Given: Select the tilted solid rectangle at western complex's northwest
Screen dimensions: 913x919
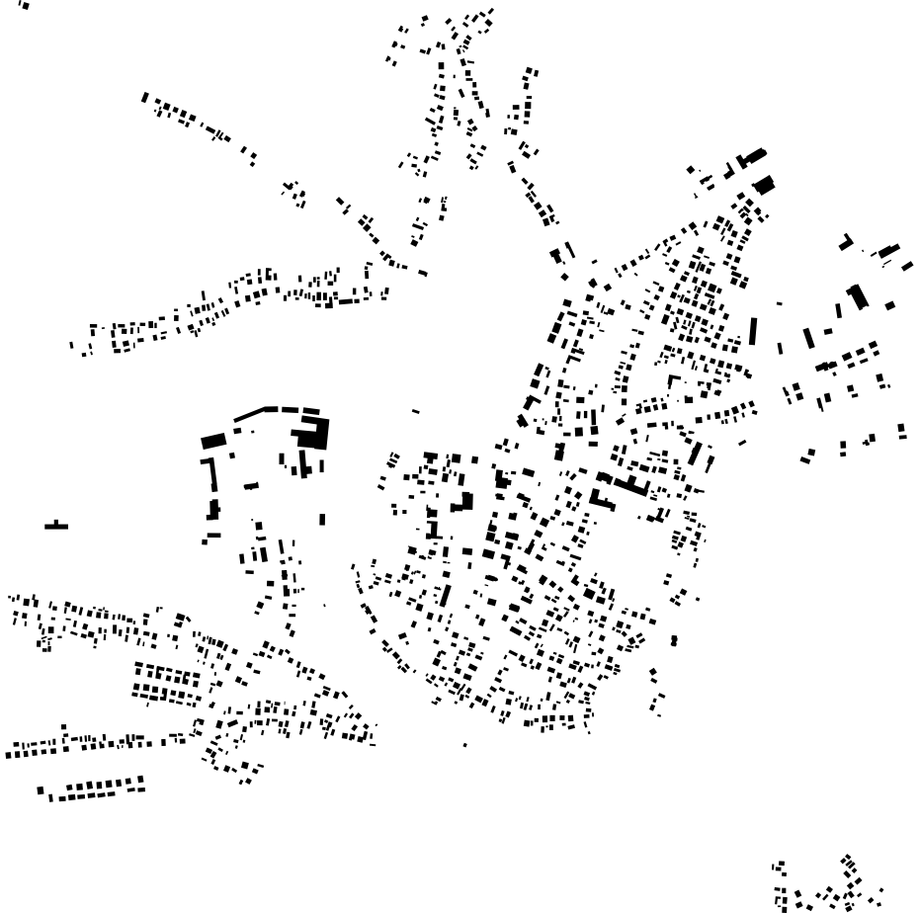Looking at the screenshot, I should click(x=213, y=441).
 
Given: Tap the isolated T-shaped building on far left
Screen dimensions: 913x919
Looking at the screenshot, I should click(x=56, y=526).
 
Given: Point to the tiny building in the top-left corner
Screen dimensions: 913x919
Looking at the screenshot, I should click(x=24, y=5).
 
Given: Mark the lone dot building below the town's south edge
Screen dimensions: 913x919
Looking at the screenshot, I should click(x=465, y=744).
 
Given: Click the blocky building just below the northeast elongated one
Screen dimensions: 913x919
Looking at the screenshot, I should click(x=764, y=185).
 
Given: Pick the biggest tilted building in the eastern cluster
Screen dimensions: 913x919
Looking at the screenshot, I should click(x=857, y=295).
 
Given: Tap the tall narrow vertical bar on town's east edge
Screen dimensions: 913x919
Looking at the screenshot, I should click(x=753, y=330).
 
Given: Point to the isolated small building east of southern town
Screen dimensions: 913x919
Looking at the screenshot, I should click(x=674, y=640).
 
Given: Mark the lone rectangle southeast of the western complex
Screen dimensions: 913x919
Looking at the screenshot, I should click(x=322, y=519).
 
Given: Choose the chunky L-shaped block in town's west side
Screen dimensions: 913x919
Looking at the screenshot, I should click(x=462, y=502).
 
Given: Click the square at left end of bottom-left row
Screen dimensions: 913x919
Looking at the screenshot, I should click(x=41, y=790).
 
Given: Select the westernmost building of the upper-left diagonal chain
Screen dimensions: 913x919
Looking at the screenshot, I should click(x=145, y=97).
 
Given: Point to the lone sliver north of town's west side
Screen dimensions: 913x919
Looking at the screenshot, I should click(x=415, y=411).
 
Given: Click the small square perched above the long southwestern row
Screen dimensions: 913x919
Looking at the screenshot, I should click(x=64, y=728).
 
